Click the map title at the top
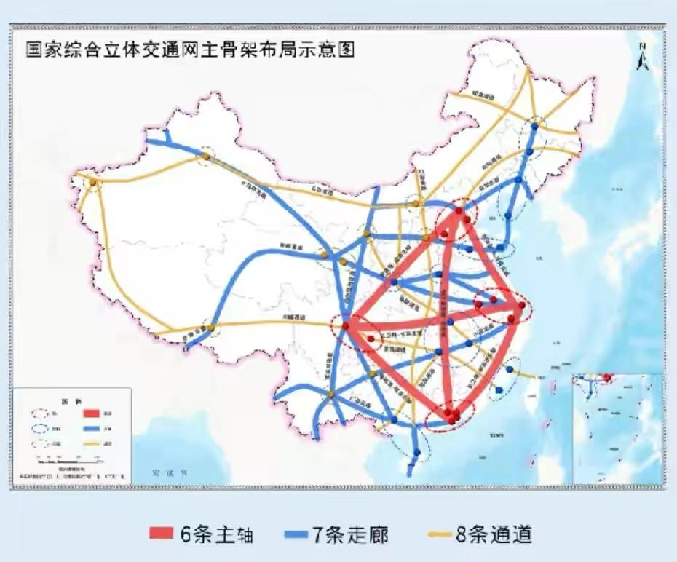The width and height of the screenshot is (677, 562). (191, 50)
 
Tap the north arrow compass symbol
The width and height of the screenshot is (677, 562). (643, 59)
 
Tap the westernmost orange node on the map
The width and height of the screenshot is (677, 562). (92, 182)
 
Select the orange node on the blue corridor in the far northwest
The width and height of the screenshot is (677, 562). (207, 156)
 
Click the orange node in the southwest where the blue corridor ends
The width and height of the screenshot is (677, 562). (211, 328)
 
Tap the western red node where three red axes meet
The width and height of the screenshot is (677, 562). (347, 325)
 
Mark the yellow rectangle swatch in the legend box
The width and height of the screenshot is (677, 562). (85, 443)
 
